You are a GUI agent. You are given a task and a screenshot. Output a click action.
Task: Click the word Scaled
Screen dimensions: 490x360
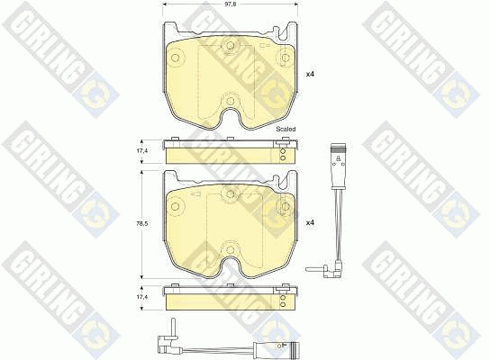pos(286,129)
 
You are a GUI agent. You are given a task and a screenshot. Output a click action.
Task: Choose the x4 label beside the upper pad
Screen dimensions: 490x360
pos(310,75)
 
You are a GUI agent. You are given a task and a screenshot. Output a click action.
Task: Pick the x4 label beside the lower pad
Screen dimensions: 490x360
pos(310,223)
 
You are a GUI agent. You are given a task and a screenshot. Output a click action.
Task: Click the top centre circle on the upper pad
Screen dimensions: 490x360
pos(231,46)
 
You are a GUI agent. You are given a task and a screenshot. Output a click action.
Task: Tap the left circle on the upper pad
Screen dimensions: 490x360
pos(176,58)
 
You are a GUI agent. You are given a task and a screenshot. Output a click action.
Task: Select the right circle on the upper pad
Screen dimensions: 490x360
pos(286,58)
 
